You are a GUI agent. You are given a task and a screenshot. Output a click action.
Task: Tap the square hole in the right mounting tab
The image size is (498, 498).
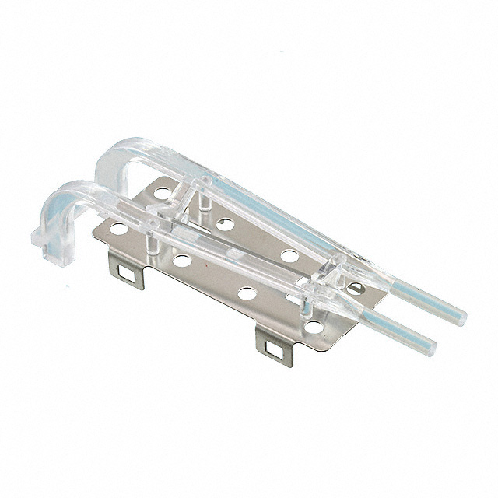[272, 347]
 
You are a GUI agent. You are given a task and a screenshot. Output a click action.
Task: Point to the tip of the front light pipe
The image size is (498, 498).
[430, 349]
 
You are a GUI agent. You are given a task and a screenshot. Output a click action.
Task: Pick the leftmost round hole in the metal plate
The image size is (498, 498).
[118, 230]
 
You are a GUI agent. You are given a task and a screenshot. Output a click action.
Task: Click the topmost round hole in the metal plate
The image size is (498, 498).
[163, 191]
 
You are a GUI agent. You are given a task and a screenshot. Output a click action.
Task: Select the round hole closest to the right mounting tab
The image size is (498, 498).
[247, 293]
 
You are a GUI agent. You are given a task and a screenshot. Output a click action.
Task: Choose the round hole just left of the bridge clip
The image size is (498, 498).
[289, 255]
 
